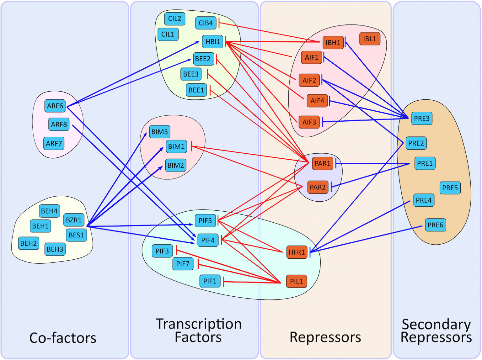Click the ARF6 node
click(x=55, y=106)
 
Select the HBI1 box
click(x=213, y=42)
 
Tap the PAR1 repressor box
click(x=322, y=163)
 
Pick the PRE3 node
click(x=421, y=119)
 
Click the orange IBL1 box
click(x=369, y=39)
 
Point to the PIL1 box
click(x=296, y=281)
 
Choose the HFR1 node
click(x=297, y=252)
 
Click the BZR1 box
click(x=74, y=220)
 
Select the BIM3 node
click(x=159, y=132)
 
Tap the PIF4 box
click(x=208, y=240)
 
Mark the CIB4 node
click(x=206, y=23)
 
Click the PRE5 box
click(x=450, y=188)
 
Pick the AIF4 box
click(x=317, y=101)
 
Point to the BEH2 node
click(x=29, y=243)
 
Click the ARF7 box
click(x=54, y=144)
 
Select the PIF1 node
click(x=210, y=281)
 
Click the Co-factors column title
click(x=63, y=338)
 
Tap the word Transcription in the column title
click(x=199, y=324)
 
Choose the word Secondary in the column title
click(x=436, y=325)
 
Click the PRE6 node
click(x=435, y=225)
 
